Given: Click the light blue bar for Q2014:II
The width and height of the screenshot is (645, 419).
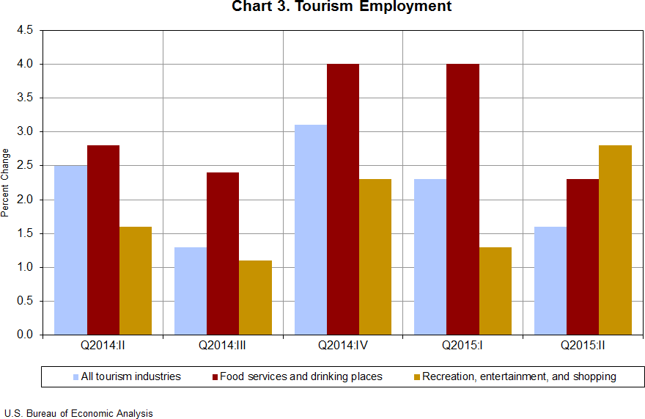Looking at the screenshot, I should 71,250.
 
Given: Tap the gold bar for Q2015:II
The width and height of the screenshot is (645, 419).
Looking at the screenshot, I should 615,240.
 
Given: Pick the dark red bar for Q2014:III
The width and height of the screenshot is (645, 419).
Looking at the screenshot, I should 223,254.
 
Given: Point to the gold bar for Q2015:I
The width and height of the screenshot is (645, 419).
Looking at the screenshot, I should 495,291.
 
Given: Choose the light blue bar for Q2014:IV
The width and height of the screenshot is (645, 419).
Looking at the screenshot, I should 311,230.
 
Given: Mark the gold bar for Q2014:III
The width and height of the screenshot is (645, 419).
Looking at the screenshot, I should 255,297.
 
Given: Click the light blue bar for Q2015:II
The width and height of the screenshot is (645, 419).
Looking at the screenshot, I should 550,280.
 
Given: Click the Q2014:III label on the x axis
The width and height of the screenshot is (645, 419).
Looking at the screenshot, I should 223,343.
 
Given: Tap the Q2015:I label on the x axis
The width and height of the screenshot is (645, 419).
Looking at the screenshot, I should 462,343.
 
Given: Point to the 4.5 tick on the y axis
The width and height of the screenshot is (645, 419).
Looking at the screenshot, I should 25,31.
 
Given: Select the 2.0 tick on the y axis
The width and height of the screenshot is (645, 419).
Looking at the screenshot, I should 25,200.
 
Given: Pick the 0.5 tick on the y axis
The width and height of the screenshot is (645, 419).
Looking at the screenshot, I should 25,301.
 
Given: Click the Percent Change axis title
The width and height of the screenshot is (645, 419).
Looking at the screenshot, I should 6,183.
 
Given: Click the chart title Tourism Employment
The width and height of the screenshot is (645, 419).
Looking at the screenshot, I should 342,7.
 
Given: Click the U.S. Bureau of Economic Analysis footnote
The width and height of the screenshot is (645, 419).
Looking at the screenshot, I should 78,413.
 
